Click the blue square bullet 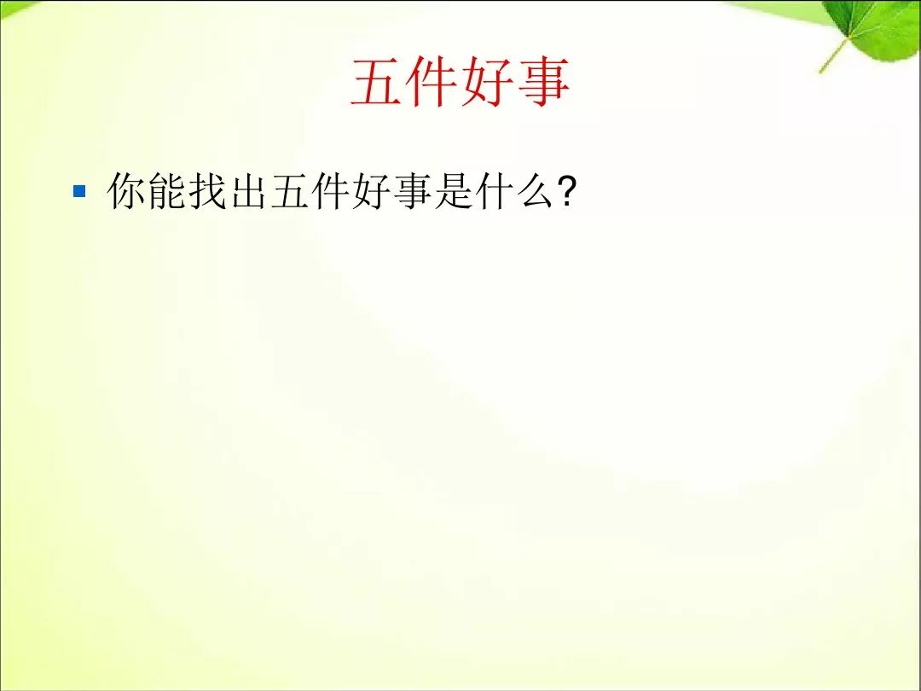point(79,191)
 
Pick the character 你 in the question point(126,191)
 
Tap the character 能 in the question point(167,191)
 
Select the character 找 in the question point(207,191)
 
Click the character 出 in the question point(248,191)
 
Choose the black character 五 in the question point(289,191)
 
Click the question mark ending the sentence point(566,192)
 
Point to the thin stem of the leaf point(834,55)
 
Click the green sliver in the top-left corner point(14,7)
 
